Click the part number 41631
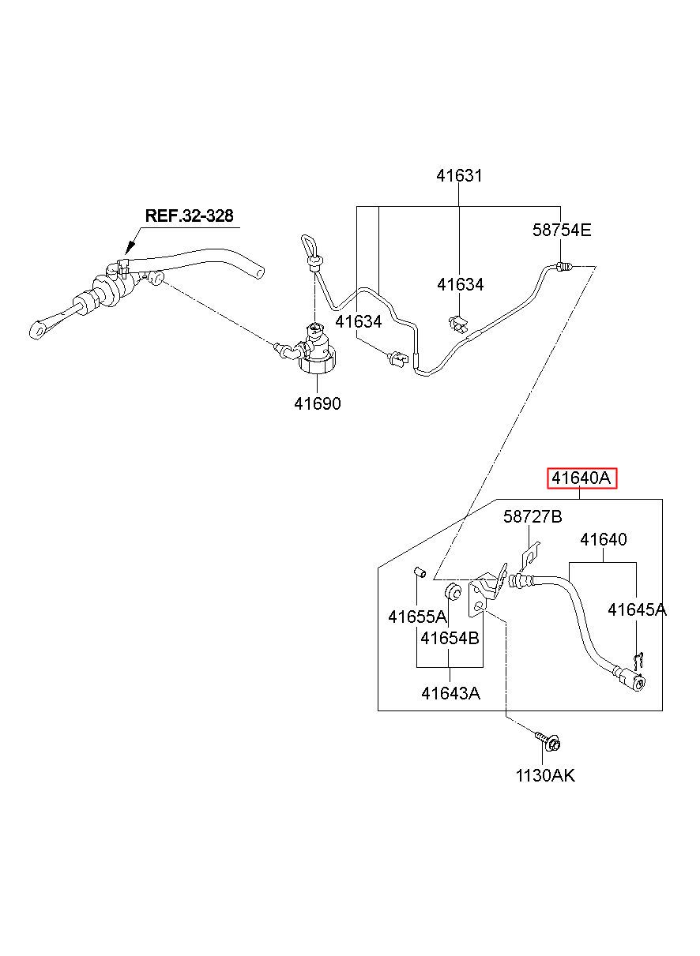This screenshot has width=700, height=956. pyautogui.click(x=459, y=176)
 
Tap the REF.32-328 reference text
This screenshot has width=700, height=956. pyautogui.click(x=189, y=216)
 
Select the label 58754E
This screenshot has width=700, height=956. pyautogui.click(x=562, y=230)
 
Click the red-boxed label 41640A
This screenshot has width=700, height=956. pyautogui.click(x=581, y=478)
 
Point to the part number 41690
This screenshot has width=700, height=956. pyautogui.click(x=318, y=403)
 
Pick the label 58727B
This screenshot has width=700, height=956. pyautogui.click(x=533, y=517)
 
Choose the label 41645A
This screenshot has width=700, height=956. pyautogui.click(x=637, y=610)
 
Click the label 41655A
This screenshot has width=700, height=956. pyautogui.click(x=417, y=617)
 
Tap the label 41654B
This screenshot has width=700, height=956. pyautogui.click(x=450, y=639)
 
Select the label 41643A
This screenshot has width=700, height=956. pyautogui.click(x=450, y=694)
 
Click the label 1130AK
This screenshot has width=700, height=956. pyautogui.click(x=545, y=775)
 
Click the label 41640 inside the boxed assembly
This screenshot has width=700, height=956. pyautogui.click(x=603, y=540)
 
